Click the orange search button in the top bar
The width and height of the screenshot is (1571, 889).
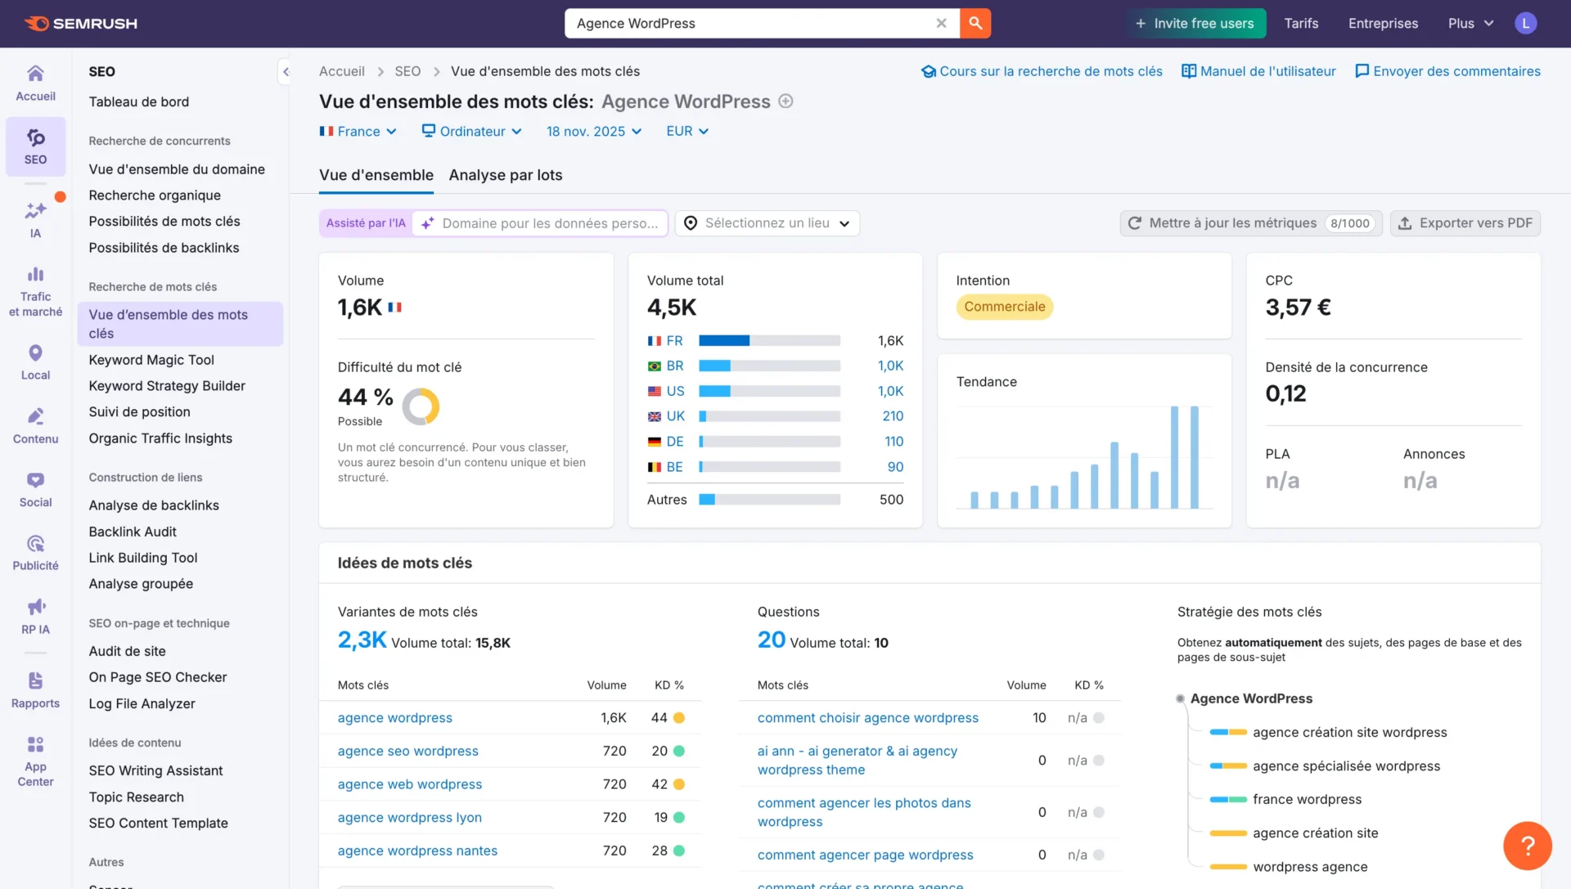click(x=975, y=24)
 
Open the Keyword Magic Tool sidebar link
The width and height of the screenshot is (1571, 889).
click(x=151, y=360)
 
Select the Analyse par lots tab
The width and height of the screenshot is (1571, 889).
click(x=505, y=175)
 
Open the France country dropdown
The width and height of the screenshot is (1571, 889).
click(x=358, y=132)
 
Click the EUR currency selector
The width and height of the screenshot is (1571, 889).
click(x=686, y=132)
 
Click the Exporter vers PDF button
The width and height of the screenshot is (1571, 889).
click(x=1465, y=223)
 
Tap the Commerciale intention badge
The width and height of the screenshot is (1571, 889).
click(x=1004, y=307)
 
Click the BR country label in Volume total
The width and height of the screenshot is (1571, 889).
click(x=674, y=366)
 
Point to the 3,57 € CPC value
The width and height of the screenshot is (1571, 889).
click(x=1298, y=308)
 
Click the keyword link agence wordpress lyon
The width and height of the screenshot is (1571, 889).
click(x=409, y=818)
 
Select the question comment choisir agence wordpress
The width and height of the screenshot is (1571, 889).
click(x=867, y=718)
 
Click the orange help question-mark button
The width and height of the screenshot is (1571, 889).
click(x=1527, y=846)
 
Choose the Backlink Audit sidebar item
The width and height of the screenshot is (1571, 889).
click(x=133, y=532)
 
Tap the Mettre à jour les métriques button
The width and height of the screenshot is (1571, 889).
click(x=1249, y=223)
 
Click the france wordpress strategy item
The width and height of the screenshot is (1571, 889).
click(x=1307, y=800)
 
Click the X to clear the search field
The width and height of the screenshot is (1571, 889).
click(x=941, y=24)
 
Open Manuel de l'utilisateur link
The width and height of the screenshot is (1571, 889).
click(x=1258, y=71)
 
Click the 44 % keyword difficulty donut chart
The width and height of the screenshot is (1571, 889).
click(x=421, y=406)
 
